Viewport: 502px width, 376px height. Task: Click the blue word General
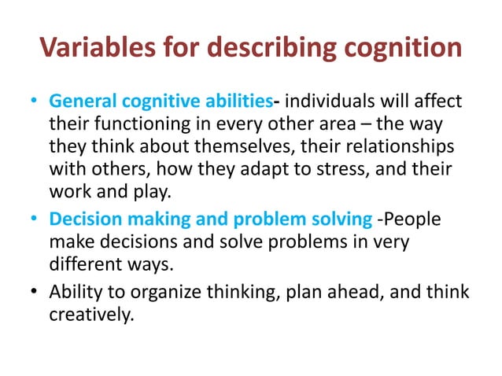(79, 103)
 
